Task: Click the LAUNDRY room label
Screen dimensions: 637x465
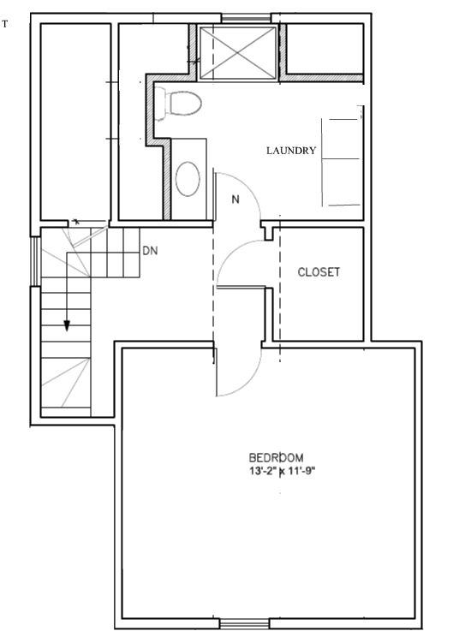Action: click(291, 151)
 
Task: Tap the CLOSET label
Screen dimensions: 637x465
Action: click(319, 272)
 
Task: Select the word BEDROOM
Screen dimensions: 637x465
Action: click(276, 457)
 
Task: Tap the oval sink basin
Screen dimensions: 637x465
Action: click(188, 180)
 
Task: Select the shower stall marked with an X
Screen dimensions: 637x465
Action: click(238, 51)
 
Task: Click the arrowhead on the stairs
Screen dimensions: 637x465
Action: click(66, 325)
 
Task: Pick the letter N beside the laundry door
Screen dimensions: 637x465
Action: click(235, 199)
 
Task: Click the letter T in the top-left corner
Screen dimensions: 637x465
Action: click(5, 24)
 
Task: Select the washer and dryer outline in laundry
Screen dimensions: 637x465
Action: click(342, 159)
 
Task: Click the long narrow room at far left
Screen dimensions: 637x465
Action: click(75, 120)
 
